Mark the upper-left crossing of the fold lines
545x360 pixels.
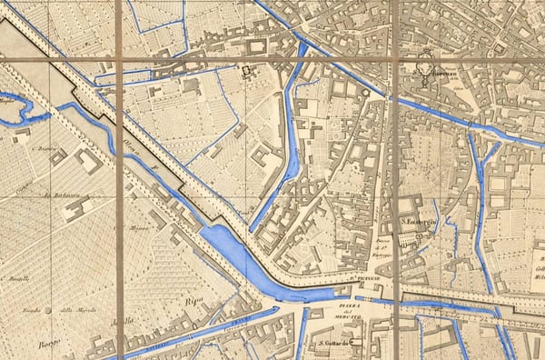pos(119,62)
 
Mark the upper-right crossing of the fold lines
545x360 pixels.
pos(395,62)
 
